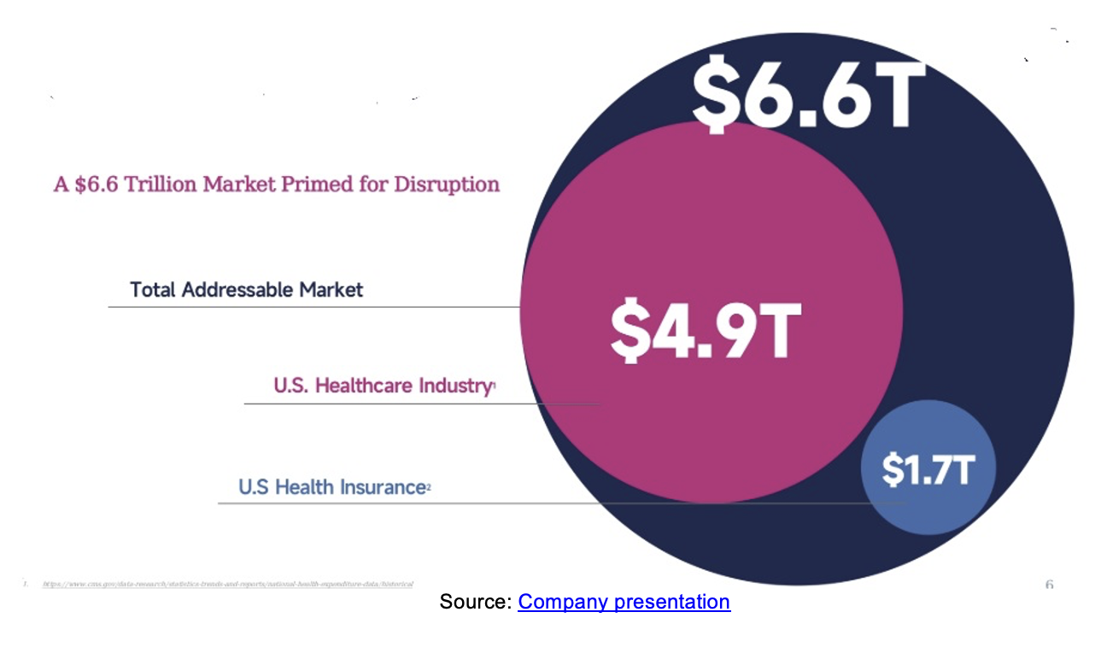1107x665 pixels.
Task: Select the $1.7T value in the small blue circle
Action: coord(928,469)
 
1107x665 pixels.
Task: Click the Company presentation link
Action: coord(624,602)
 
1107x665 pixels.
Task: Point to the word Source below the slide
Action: coord(474,602)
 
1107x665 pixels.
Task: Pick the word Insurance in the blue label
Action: coord(383,487)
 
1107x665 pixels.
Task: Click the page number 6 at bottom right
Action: coord(1049,585)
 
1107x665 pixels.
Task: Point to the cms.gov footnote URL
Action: coord(227,584)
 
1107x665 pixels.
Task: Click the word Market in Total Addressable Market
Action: coord(331,290)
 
